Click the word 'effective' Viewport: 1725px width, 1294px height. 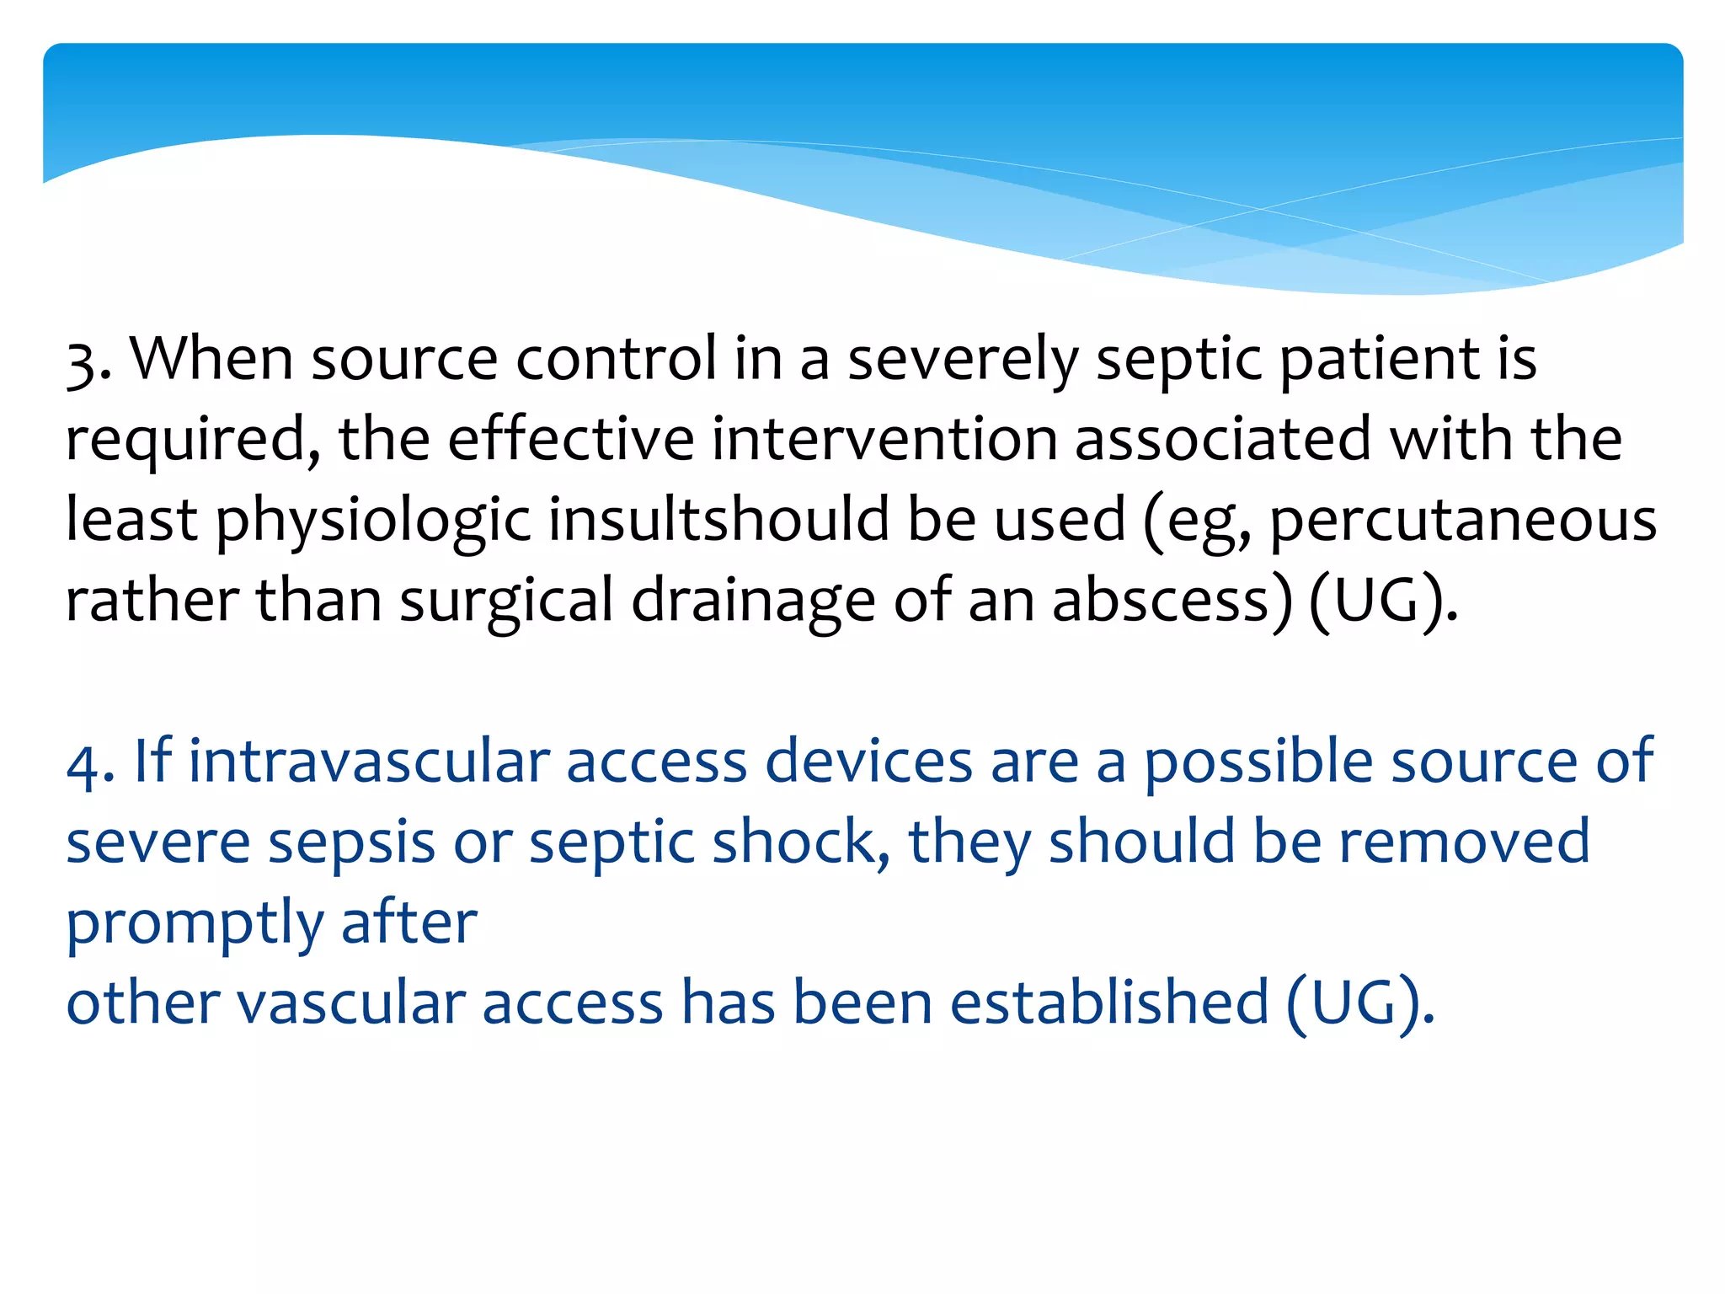click(570, 440)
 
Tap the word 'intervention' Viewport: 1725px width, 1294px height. click(884, 440)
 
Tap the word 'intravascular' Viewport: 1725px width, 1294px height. click(369, 762)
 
